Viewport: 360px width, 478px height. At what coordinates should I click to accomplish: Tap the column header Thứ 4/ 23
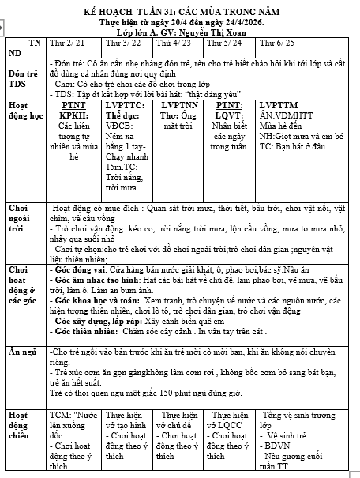(171, 42)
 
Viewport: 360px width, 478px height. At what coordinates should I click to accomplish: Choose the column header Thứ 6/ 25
(276, 42)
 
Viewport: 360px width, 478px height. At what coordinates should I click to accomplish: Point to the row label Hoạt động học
(23, 110)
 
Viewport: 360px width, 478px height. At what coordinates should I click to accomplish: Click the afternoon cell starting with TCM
(73, 439)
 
